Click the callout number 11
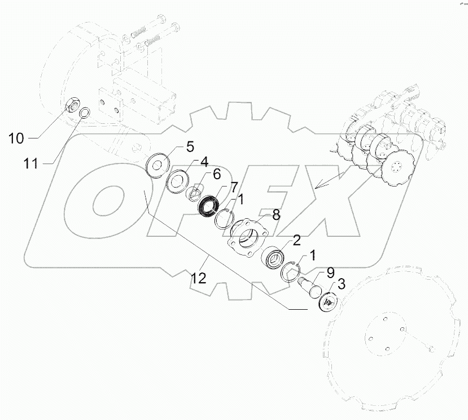pyautogui.click(x=31, y=163)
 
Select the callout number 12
pyautogui.click(x=198, y=278)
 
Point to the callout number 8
pyautogui.click(x=275, y=215)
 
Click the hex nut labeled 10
pyautogui.click(x=72, y=105)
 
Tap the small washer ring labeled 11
pyautogui.click(x=84, y=112)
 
